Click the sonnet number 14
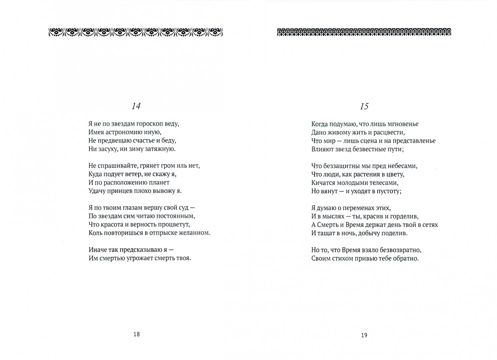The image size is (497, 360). (x=136, y=106)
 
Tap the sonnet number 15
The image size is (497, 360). (x=364, y=107)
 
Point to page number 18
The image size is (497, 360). (x=136, y=334)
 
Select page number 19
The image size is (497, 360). (x=364, y=335)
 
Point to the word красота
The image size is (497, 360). (x=113, y=224)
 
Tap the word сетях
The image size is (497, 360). (x=429, y=225)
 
